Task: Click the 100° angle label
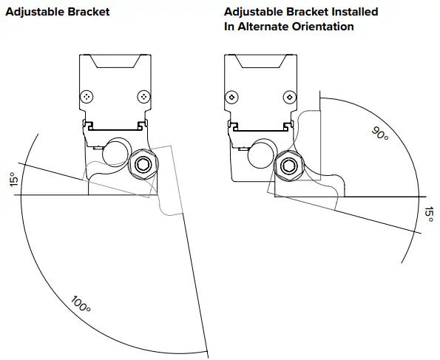81,304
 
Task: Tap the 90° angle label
380,133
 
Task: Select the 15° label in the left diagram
14,180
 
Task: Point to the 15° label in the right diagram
428,214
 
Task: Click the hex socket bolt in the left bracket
143,164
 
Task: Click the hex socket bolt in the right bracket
289,166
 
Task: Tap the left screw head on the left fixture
87,97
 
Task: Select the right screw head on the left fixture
143,97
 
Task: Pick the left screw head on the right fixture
232,98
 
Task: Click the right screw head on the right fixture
290,98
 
